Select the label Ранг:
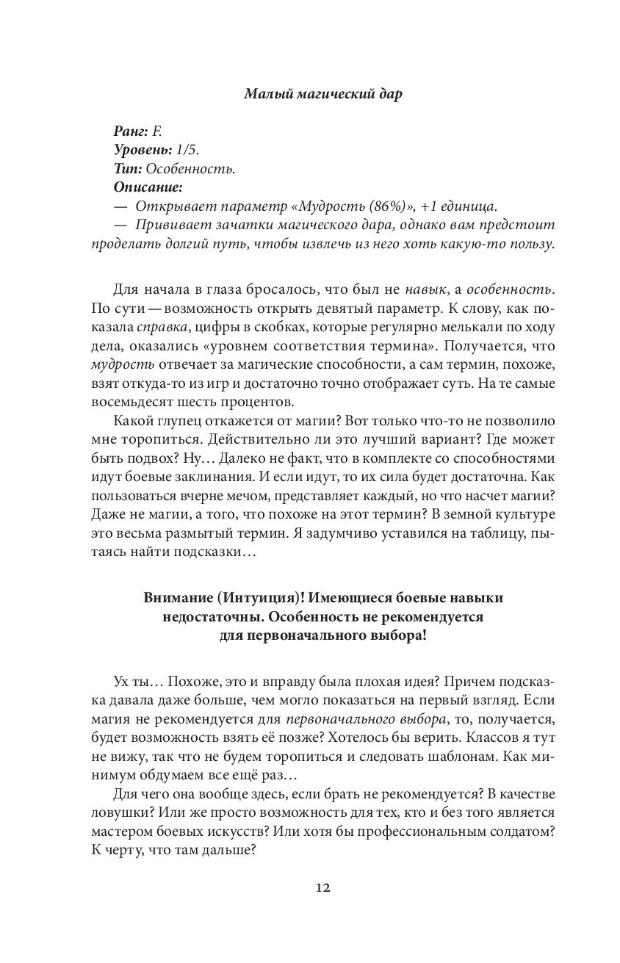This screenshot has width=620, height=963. tap(131, 131)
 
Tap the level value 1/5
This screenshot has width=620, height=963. tap(187, 150)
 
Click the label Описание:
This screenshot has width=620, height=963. tap(148, 187)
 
